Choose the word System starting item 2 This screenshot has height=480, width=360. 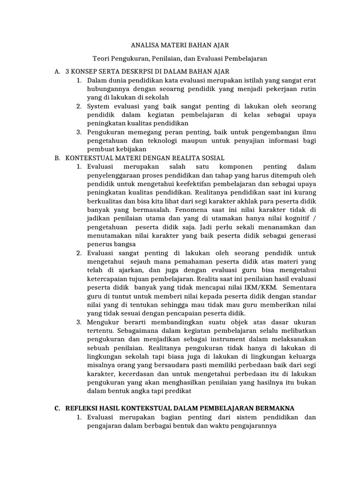99,106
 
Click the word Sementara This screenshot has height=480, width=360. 299,287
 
